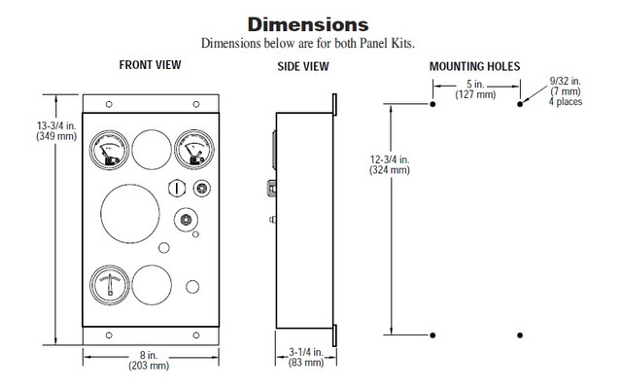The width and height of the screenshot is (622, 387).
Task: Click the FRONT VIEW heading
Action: point(150,65)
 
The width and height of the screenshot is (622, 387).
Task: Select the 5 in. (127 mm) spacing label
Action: point(476,88)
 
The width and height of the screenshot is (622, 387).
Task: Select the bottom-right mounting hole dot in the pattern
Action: point(522,334)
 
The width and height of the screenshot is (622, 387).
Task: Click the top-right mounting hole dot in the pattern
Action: point(522,102)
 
